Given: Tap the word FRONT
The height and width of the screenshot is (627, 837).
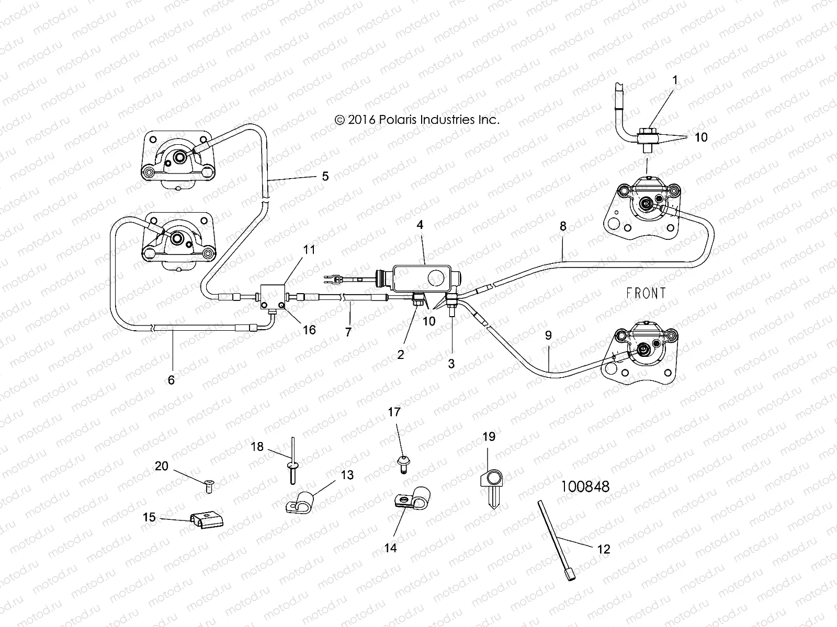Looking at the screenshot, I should pyautogui.click(x=646, y=293).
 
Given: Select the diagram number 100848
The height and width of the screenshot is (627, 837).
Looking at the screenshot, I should pyautogui.click(x=585, y=486).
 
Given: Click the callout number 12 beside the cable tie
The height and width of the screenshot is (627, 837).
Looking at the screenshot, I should pyautogui.click(x=603, y=549).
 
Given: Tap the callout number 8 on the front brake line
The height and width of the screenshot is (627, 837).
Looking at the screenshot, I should pyautogui.click(x=563, y=226).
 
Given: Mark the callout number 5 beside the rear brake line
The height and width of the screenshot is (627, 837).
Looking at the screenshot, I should pyautogui.click(x=325, y=176).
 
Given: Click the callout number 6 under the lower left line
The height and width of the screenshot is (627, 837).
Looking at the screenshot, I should pyautogui.click(x=171, y=380).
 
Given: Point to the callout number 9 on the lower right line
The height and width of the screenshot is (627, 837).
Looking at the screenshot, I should pyautogui.click(x=548, y=335).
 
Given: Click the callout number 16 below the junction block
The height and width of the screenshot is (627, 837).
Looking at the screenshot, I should pyautogui.click(x=309, y=330).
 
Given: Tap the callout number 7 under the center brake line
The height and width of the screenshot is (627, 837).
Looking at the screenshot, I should pyautogui.click(x=348, y=331).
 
